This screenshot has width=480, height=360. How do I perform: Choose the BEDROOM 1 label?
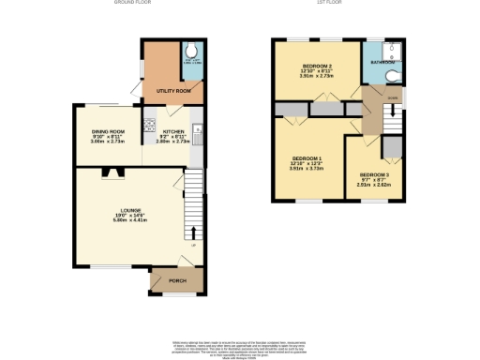(x=307, y=157)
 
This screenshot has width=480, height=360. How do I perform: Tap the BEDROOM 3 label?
(x=374, y=175)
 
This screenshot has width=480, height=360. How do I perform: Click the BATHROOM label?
(x=382, y=64)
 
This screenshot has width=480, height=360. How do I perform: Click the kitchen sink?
(x=196, y=130)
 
